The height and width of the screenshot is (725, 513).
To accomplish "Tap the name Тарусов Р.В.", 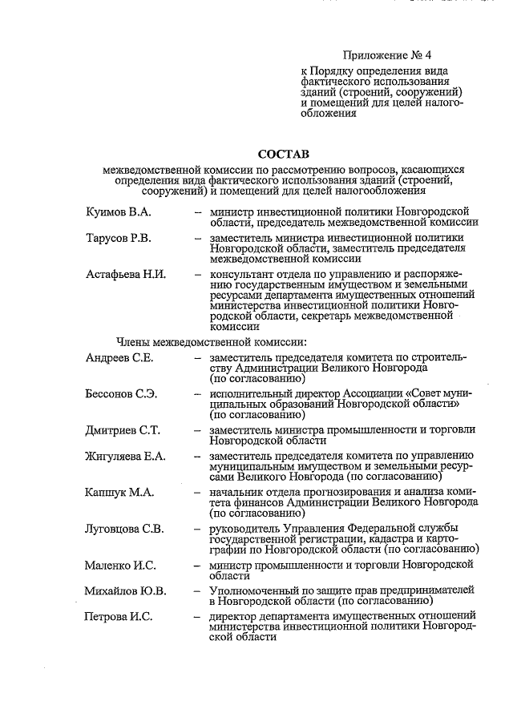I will pos(119,239).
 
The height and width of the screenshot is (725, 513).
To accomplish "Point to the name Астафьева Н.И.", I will pos(125,274).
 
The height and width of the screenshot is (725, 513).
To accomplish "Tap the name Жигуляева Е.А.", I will pos(125,457).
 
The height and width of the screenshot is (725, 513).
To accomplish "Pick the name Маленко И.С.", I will pos(119,566).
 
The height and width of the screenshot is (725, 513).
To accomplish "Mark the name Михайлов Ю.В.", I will pos(125,591).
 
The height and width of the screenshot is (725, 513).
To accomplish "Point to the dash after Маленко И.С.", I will pos(196,566).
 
